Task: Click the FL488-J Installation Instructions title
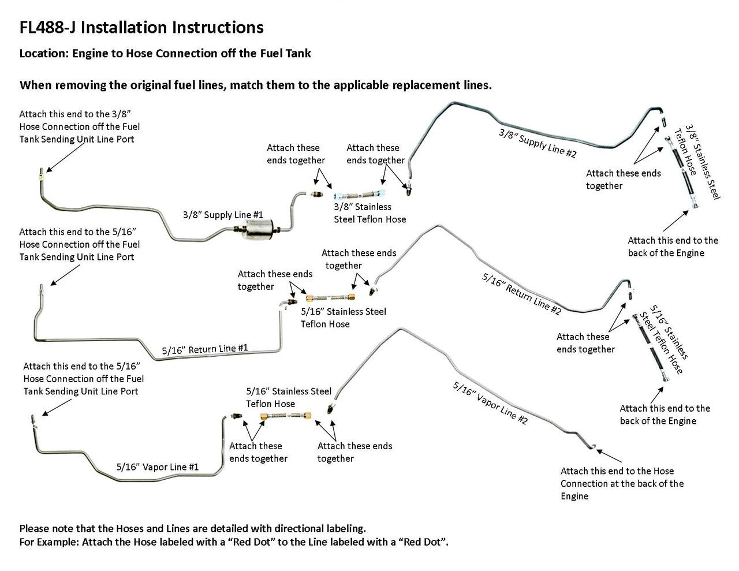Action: coord(141,27)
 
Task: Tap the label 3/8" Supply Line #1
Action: coord(223,215)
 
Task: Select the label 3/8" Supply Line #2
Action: coord(538,143)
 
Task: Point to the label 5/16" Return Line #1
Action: coord(205,349)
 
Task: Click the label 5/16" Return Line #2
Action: coord(521,293)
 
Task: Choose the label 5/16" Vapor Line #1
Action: coord(158,466)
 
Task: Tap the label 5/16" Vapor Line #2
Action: coord(490,403)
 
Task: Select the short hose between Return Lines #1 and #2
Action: coord(331,298)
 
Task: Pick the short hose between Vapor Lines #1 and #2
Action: coord(285,416)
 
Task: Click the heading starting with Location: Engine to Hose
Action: coord(165,54)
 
